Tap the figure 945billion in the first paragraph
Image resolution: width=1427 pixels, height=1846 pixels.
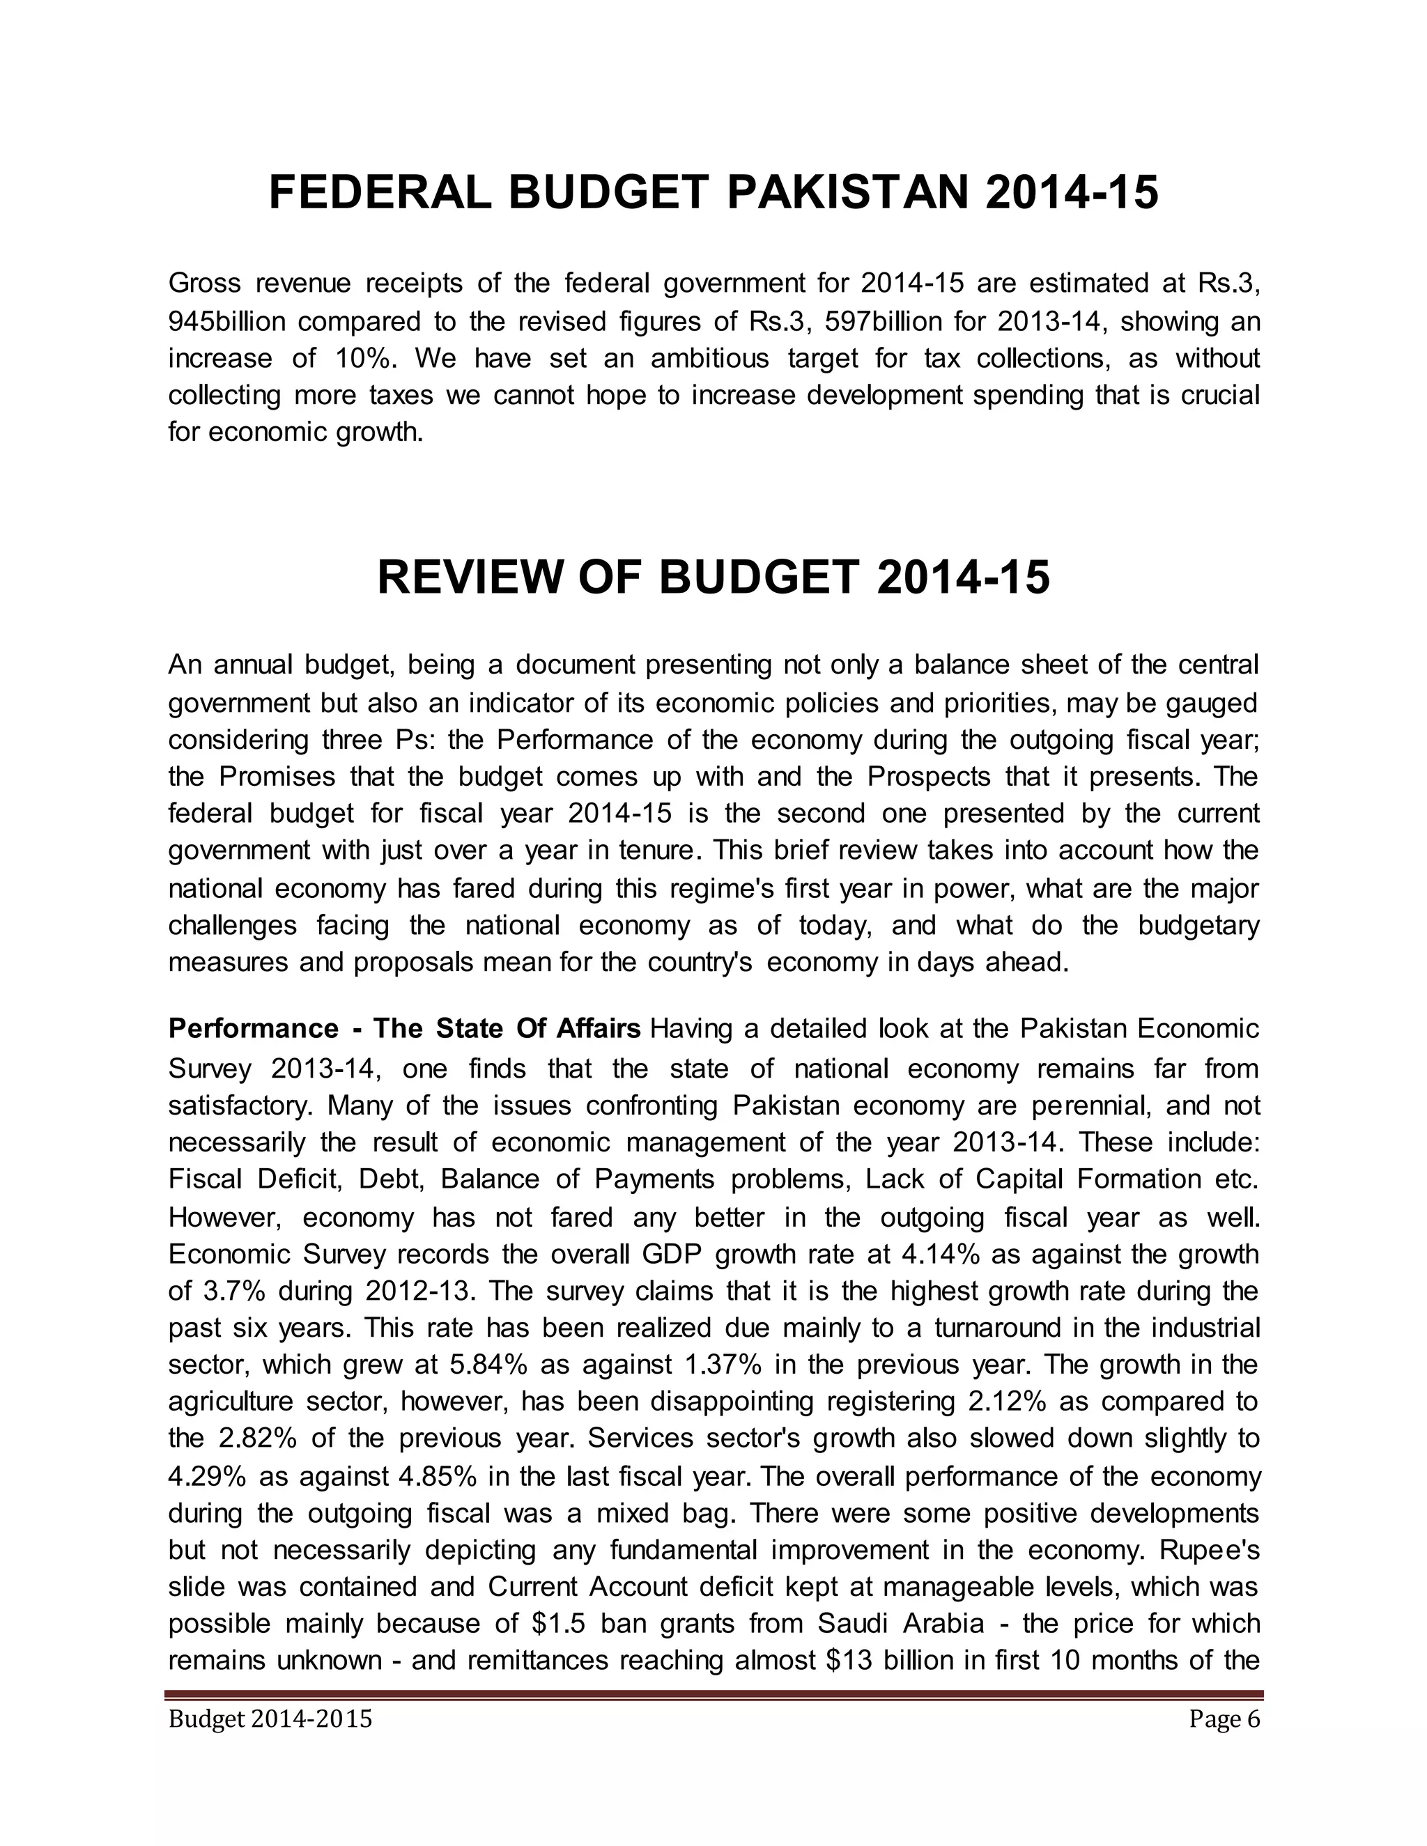click(x=227, y=322)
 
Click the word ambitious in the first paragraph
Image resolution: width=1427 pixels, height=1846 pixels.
click(x=710, y=358)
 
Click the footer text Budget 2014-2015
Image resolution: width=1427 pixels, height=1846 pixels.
click(x=270, y=1719)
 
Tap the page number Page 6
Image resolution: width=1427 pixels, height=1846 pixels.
click(x=1224, y=1719)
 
